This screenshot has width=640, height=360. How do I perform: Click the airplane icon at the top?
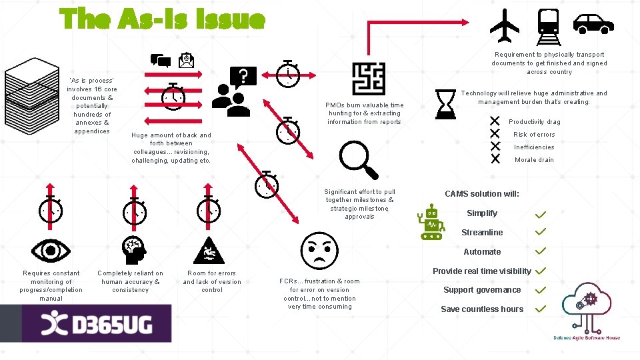click(504, 25)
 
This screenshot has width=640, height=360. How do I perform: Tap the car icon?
click(593, 25)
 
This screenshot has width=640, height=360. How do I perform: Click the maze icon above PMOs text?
click(368, 79)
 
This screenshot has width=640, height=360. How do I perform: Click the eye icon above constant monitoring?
click(51, 250)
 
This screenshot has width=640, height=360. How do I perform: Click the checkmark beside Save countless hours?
click(541, 309)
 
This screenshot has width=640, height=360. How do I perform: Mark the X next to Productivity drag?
click(495, 121)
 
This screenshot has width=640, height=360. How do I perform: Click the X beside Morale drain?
click(495, 159)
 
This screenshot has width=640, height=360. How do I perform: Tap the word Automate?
click(482, 252)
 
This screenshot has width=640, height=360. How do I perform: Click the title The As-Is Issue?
click(163, 19)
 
